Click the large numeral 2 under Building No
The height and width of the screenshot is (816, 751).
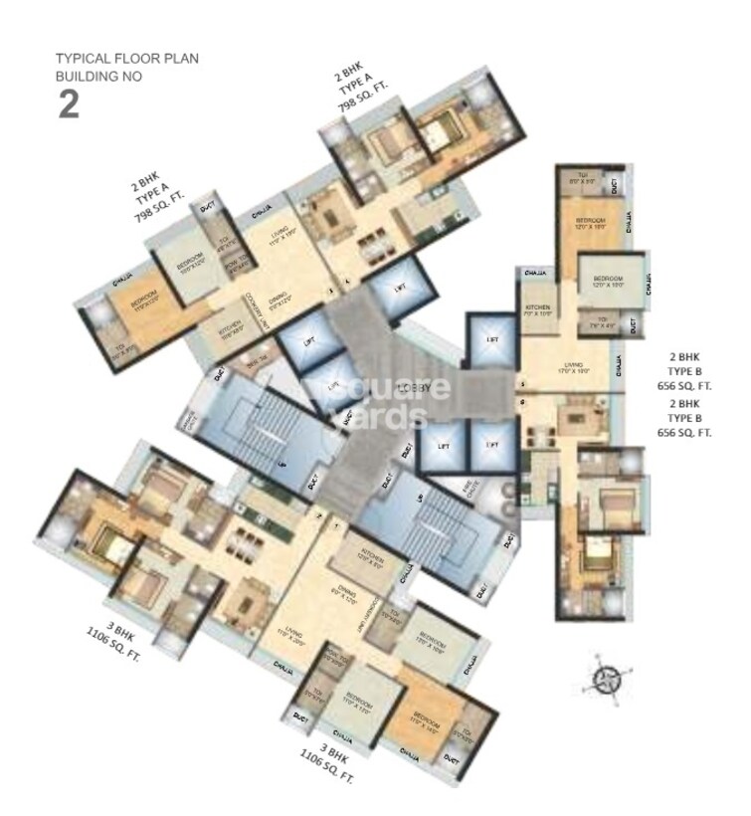coord(68,104)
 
